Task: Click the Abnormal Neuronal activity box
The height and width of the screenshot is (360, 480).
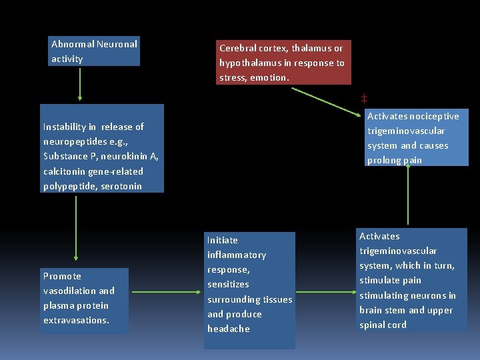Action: click(95, 51)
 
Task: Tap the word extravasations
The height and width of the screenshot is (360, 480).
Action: click(76, 321)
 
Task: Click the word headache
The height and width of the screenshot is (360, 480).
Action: click(228, 329)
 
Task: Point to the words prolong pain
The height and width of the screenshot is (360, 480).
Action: click(395, 161)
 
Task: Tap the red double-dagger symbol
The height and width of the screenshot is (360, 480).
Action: click(364, 98)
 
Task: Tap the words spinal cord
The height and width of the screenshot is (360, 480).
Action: click(383, 325)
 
